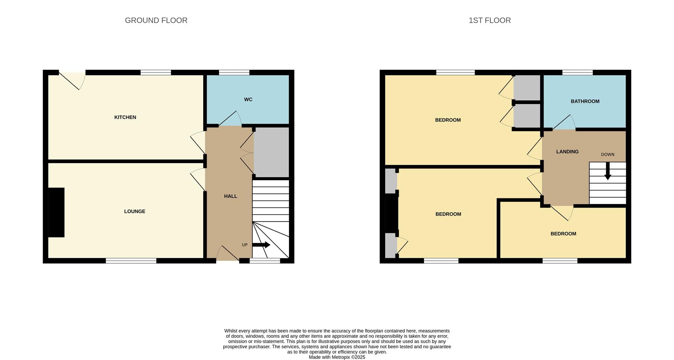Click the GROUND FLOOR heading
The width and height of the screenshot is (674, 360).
[156, 20]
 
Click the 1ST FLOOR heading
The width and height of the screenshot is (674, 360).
[490, 20]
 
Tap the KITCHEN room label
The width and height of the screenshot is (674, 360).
[125, 117]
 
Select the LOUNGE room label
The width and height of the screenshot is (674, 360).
[135, 211]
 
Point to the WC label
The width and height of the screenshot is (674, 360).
[248, 99]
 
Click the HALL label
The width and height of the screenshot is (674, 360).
[231, 196]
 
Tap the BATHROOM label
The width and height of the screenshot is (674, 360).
[585, 102]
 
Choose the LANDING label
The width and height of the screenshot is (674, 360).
[567, 152]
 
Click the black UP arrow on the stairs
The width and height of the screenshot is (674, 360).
[261, 245]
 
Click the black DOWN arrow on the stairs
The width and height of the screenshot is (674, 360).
[608, 171]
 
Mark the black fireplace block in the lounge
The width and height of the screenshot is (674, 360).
[56, 212]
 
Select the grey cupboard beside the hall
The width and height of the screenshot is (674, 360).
[271, 152]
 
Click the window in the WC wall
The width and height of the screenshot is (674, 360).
[234, 73]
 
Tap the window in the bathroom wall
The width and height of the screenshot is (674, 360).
[577, 73]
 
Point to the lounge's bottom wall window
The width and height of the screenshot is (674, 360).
[131, 261]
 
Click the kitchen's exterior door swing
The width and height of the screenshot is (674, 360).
[72, 81]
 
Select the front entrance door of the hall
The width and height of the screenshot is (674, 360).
[228, 253]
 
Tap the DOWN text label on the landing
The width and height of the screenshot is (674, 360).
[608, 155]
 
